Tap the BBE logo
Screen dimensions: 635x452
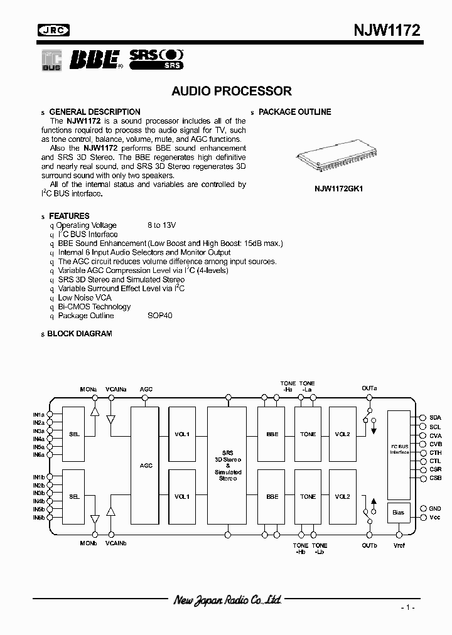coord(95,59)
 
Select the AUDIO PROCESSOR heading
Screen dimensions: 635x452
coord(232,91)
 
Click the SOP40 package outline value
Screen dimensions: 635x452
coord(160,316)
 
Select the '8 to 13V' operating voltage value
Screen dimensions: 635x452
coord(162,225)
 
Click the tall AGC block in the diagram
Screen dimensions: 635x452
coord(146,464)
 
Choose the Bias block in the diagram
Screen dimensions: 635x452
coord(399,512)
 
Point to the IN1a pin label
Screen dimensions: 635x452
coord(39,415)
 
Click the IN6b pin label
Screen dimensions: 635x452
coord(39,518)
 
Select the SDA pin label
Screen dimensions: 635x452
coord(435,417)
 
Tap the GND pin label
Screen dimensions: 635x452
coord(435,508)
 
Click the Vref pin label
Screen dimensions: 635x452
coord(399,545)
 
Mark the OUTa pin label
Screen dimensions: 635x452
coord(369,388)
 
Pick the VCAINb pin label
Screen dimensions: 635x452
coord(116,543)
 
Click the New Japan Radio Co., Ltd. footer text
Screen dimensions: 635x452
coord(227,600)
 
